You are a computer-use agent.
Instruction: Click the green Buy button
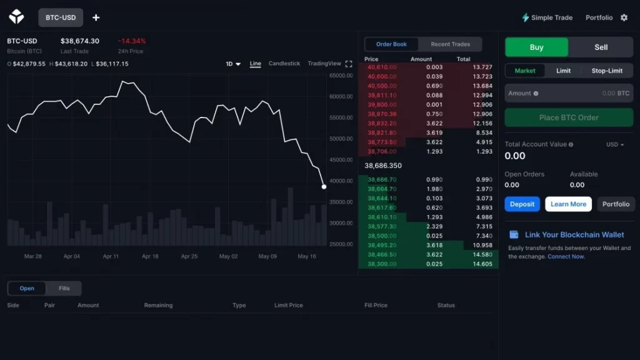(x=536, y=47)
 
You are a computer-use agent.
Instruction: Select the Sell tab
(x=601, y=47)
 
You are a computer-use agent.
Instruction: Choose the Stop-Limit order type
(x=607, y=71)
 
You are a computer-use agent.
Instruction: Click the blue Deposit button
(x=522, y=204)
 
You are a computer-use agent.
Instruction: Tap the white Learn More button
(x=568, y=204)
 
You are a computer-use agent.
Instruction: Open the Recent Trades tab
(x=450, y=44)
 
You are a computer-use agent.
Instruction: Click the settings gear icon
(x=624, y=17)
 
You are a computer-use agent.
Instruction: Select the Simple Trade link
(x=547, y=17)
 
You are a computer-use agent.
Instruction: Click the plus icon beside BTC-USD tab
(x=96, y=17)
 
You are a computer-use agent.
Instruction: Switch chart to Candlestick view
(x=284, y=64)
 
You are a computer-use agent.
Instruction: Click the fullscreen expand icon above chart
(x=349, y=64)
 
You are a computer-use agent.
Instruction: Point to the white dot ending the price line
(x=324, y=186)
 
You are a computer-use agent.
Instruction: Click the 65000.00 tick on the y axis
(x=341, y=76)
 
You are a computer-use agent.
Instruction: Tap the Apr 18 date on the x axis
(x=150, y=256)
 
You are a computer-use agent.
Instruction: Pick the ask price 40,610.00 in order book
(x=382, y=67)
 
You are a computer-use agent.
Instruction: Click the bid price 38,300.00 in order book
(x=382, y=264)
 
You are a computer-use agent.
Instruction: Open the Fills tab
(x=64, y=288)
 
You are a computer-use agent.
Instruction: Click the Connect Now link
(x=566, y=257)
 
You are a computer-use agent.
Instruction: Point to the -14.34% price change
(x=131, y=41)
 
